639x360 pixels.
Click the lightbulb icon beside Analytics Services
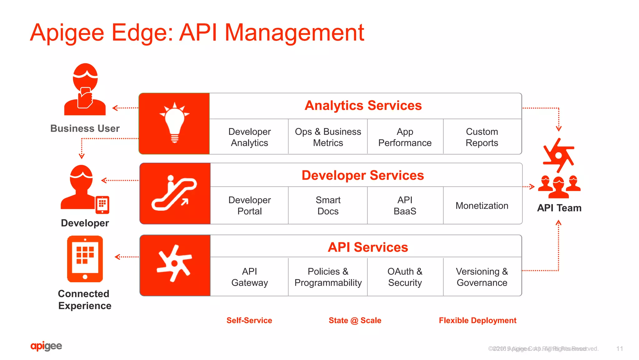coord(174,123)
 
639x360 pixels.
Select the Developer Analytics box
coord(249,137)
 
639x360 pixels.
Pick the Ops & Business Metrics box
coord(328,137)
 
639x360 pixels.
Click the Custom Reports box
coord(482,137)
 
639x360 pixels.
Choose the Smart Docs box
coord(328,205)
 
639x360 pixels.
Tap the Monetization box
coord(482,206)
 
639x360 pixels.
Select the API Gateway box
coord(249,277)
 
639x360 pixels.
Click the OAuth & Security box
coord(405,277)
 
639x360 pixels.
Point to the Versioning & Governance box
coord(482,277)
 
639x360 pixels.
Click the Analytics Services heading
coord(363,106)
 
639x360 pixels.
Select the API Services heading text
coord(368,247)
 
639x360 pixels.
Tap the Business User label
coord(85,128)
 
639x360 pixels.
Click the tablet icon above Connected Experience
coord(85,259)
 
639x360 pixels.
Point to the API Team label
coord(559,208)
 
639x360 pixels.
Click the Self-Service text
coord(249,320)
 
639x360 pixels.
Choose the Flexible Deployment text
coord(477,320)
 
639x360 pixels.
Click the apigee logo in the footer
coord(46,346)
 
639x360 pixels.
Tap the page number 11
coord(620,349)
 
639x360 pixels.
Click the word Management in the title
coord(294,32)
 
